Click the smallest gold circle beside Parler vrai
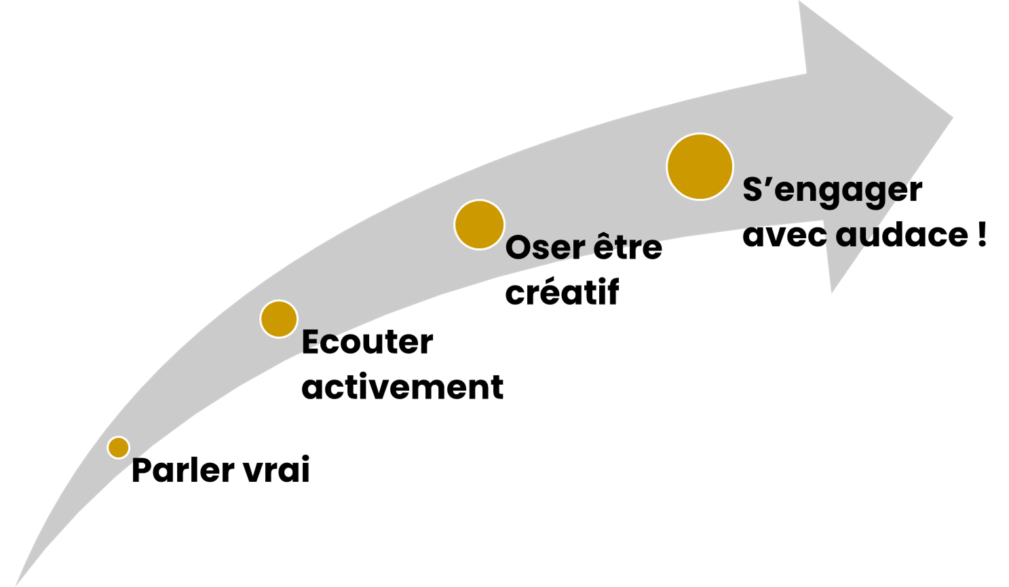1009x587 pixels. point(119,447)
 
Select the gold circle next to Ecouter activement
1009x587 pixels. point(279,319)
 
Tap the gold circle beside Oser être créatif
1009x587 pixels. point(479,225)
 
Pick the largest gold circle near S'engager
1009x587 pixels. point(700,167)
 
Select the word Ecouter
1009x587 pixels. point(367,342)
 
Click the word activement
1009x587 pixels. point(402,387)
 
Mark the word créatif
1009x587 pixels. point(562,292)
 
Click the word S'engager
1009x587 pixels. point(833,192)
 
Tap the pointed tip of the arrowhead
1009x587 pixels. point(952,118)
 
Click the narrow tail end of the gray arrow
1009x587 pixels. point(16,584)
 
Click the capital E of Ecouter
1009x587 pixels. point(312,342)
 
